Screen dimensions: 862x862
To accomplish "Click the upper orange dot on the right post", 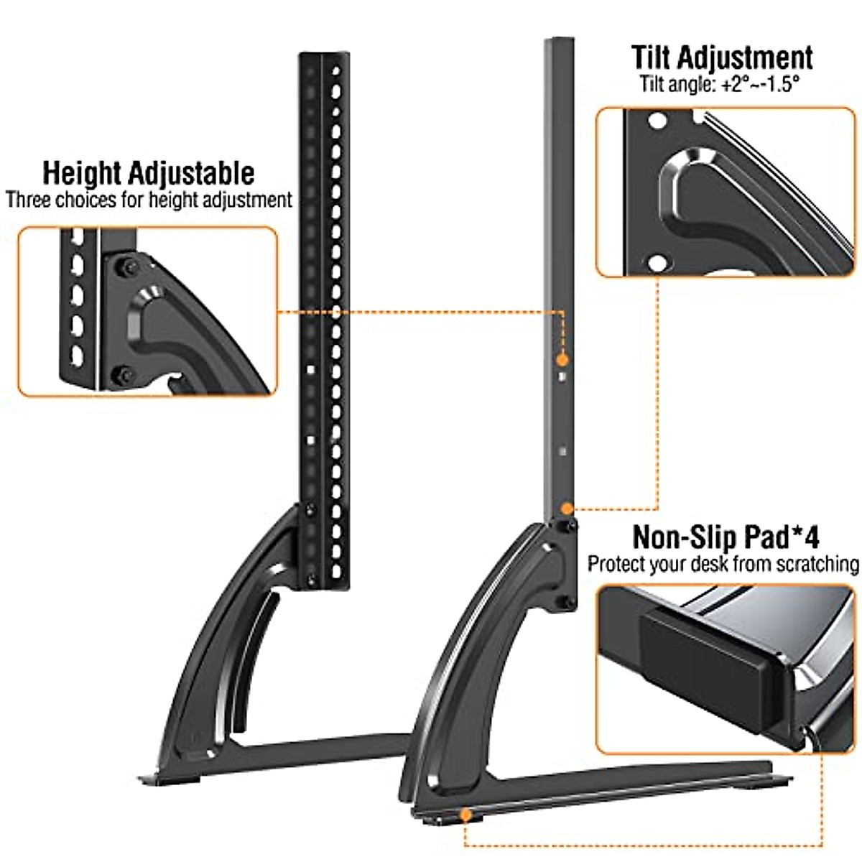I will [x=562, y=358].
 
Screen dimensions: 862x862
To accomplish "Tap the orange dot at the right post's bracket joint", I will [x=567, y=509].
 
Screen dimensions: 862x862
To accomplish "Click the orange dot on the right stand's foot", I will [x=465, y=814].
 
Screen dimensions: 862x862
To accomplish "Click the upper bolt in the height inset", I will [x=128, y=267].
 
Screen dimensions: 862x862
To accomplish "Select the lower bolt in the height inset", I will [x=124, y=374].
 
